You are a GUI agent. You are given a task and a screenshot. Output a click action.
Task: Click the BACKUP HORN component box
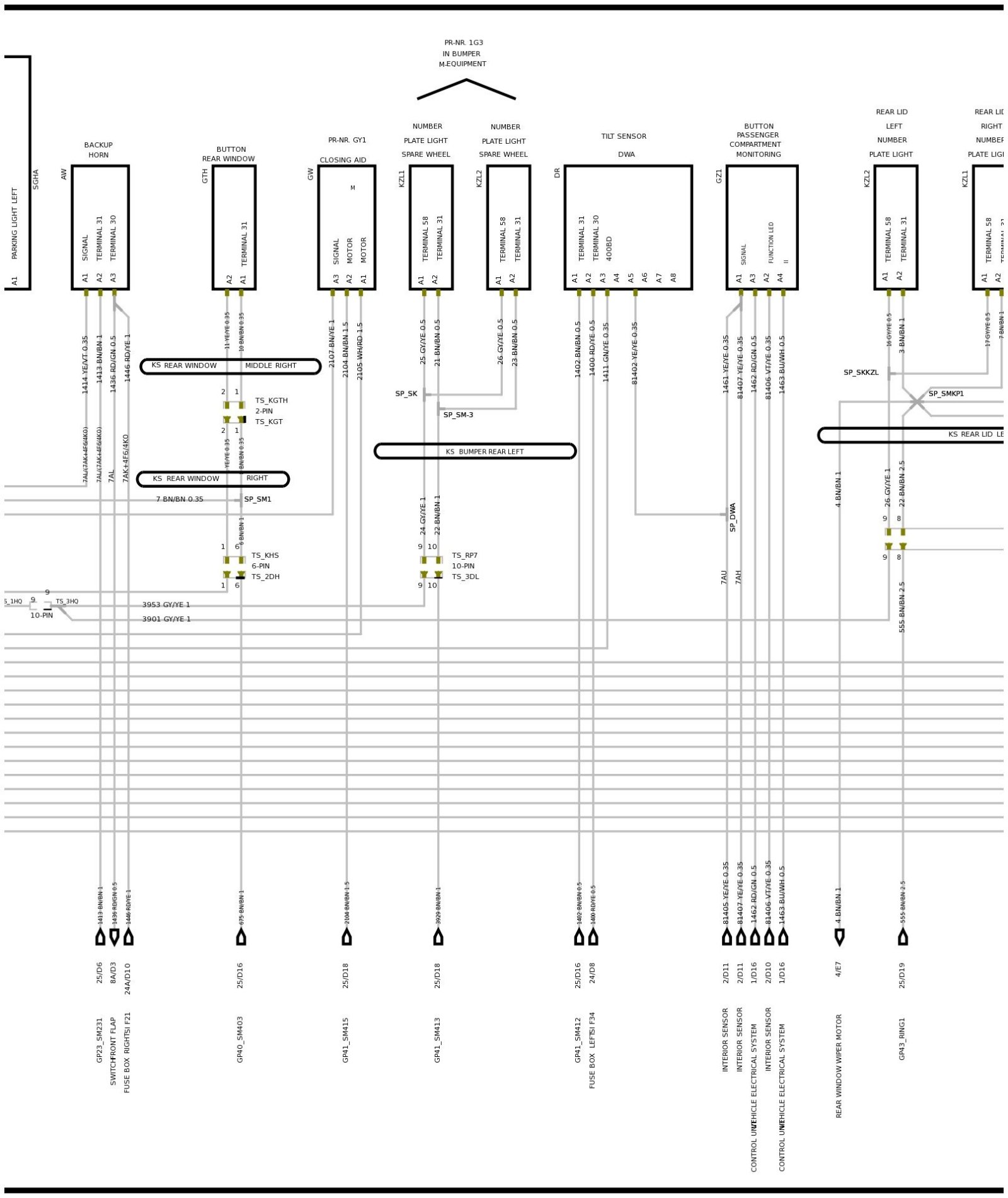point(100,227)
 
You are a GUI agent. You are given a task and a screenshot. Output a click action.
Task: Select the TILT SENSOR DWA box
point(627,227)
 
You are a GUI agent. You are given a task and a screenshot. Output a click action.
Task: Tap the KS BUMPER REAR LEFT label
point(475,451)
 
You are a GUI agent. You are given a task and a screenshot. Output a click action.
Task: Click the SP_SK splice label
point(406,394)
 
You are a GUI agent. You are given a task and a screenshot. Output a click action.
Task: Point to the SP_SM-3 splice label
point(458,415)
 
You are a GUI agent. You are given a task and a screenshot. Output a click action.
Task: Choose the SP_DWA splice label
point(733,517)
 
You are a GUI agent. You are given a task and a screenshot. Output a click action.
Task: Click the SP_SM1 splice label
point(258,499)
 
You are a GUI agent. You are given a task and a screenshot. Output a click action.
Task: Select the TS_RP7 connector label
point(464,555)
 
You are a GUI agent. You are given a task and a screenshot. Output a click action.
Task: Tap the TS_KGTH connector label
point(271,400)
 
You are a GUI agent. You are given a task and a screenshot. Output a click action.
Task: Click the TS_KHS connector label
point(265,555)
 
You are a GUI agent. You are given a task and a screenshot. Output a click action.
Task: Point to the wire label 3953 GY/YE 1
point(166,604)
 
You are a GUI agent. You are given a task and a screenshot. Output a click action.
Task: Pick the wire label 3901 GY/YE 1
point(166,619)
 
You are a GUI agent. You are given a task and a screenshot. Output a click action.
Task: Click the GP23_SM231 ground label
point(100,1040)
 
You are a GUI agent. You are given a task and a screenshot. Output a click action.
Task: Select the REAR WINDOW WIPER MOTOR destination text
point(839,1066)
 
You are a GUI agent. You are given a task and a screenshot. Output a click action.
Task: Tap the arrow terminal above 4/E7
point(839,937)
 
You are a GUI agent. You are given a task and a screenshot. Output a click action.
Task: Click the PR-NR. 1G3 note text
point(464,43)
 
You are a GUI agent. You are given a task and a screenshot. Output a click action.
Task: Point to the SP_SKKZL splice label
point(861,372)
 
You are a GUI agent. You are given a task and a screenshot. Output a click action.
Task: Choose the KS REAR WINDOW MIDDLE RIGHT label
point(230,366)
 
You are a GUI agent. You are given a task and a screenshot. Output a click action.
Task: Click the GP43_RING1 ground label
point(902,1038)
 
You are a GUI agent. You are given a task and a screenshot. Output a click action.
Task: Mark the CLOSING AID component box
point(346,227)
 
